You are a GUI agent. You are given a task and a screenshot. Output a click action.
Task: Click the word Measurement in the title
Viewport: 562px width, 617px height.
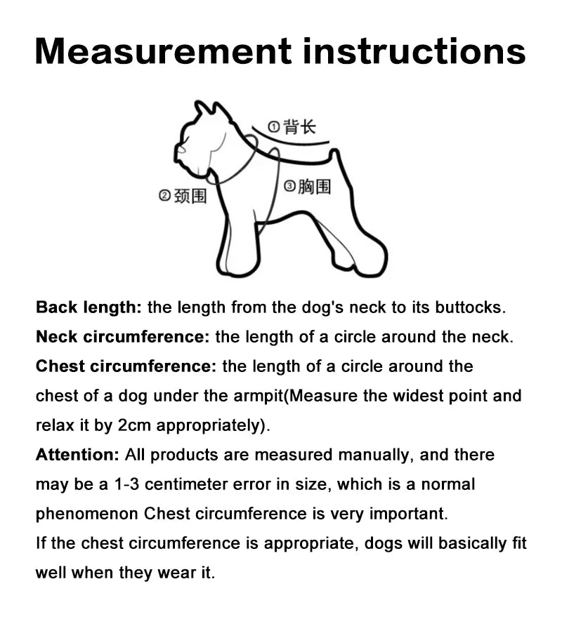tap(162, 51)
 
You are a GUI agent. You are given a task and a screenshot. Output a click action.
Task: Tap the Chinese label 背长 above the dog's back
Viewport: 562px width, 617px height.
tap(300, 126)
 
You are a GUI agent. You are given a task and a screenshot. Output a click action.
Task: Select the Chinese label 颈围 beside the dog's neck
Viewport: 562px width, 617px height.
tap(190, 196)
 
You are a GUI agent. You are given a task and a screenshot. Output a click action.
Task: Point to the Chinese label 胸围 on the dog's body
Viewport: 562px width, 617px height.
tap(314, 187)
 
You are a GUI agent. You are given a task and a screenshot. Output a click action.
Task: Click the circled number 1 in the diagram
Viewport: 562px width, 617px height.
tap(275, 127)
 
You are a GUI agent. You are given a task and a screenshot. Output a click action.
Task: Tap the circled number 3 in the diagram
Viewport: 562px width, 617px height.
tap(289, 187)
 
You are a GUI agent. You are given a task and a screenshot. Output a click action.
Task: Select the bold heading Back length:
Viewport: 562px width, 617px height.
tap(89, 307)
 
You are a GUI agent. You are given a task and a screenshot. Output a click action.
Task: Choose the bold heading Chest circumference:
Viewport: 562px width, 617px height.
tap(126, 366)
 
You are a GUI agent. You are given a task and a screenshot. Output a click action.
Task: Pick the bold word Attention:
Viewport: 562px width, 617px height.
tap(78, 455)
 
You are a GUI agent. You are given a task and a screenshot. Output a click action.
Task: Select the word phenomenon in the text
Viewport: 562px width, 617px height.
tap(87, 514)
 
